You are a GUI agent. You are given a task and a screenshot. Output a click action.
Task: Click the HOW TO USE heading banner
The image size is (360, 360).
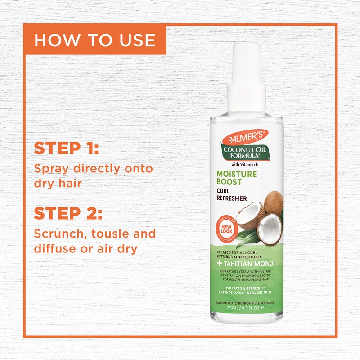pos(94,40)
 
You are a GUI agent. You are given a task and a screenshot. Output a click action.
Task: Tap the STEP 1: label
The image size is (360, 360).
pos(66,148)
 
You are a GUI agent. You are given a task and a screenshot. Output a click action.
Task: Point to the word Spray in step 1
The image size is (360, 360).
pos(50,170)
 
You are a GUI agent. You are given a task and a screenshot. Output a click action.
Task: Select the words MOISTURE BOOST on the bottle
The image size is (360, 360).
pos(237,178)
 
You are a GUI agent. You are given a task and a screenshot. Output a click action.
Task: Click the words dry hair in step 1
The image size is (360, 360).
pos(60,184)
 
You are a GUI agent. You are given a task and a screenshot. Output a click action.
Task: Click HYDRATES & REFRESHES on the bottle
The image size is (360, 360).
pos(245,288)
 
